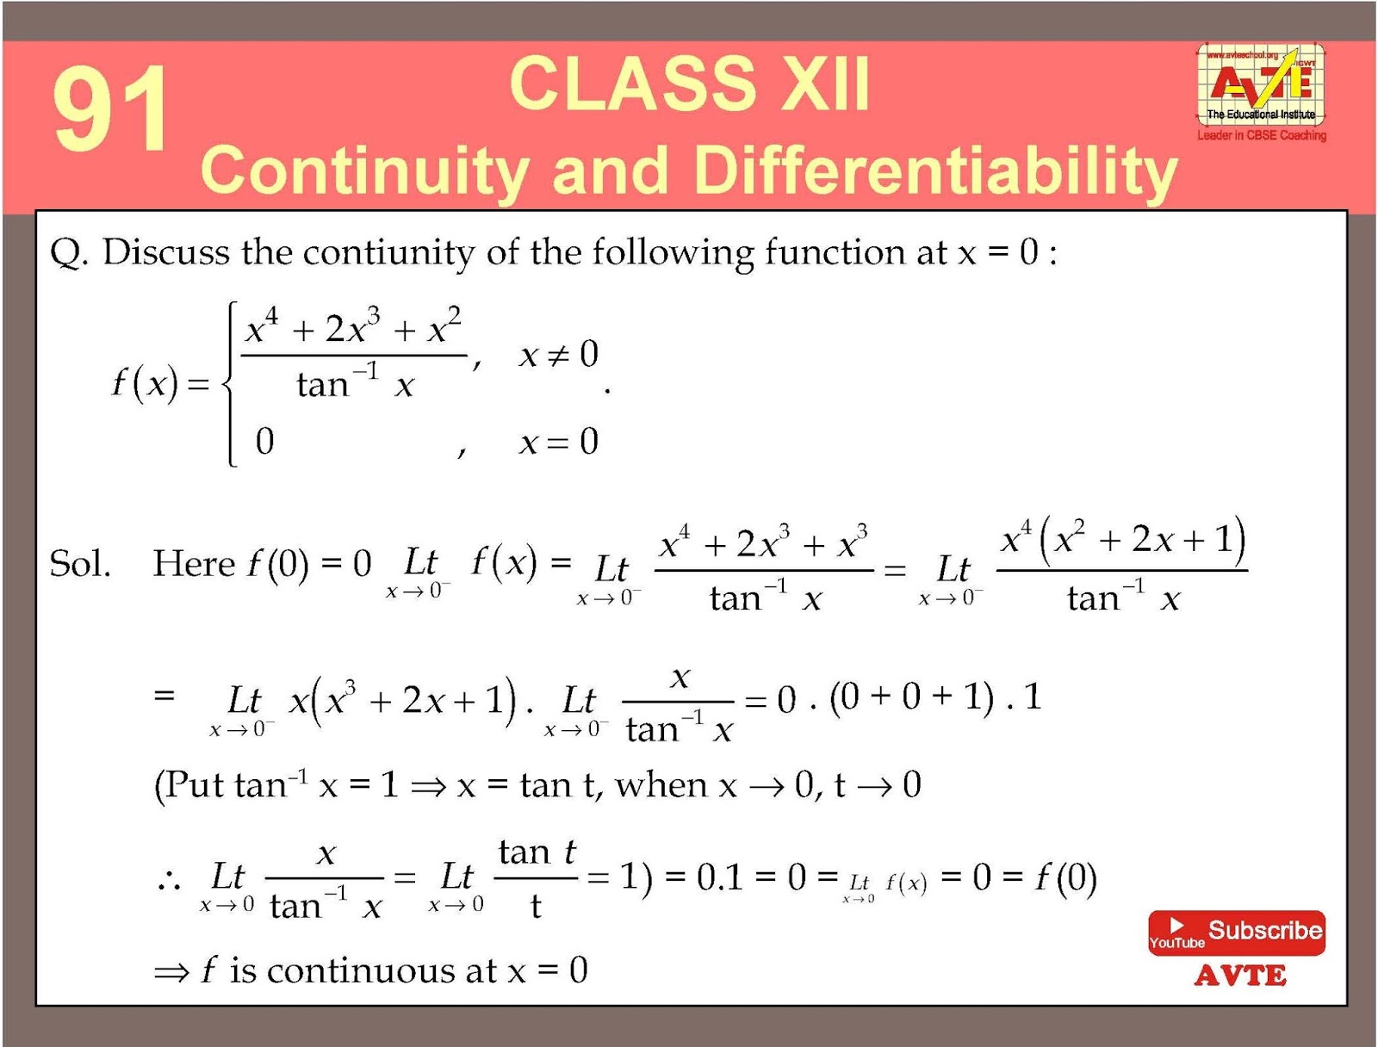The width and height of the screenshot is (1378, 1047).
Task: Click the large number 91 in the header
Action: pos(110,109)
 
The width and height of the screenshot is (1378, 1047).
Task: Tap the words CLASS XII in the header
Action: pos(689,84)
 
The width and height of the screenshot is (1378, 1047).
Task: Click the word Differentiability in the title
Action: pos(934,170)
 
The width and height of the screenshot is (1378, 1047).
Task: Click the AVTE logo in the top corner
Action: pos(1261,86)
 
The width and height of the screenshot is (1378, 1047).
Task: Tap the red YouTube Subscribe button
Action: pos(1236,932)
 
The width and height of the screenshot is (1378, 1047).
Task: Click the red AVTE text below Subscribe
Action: pos(1240,976)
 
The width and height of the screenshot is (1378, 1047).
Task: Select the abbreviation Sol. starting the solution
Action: pos(80,564)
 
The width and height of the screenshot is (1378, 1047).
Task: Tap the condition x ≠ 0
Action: pos(558,354)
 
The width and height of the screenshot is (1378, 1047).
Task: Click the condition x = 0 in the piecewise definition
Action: pos(558,443)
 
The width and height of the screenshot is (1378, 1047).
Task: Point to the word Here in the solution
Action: pos(194,564)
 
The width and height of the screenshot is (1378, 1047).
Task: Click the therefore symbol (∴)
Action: pos(169,879)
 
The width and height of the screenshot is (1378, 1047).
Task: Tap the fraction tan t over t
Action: pos(536,878)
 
